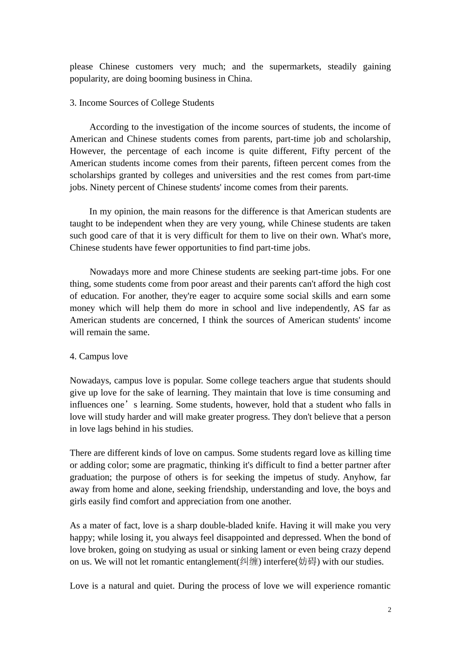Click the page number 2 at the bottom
[x=389, y=610]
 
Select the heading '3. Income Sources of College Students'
[x=142, y=103]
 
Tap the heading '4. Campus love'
[x=99, y=357]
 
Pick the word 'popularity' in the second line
[x=89, y=79]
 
